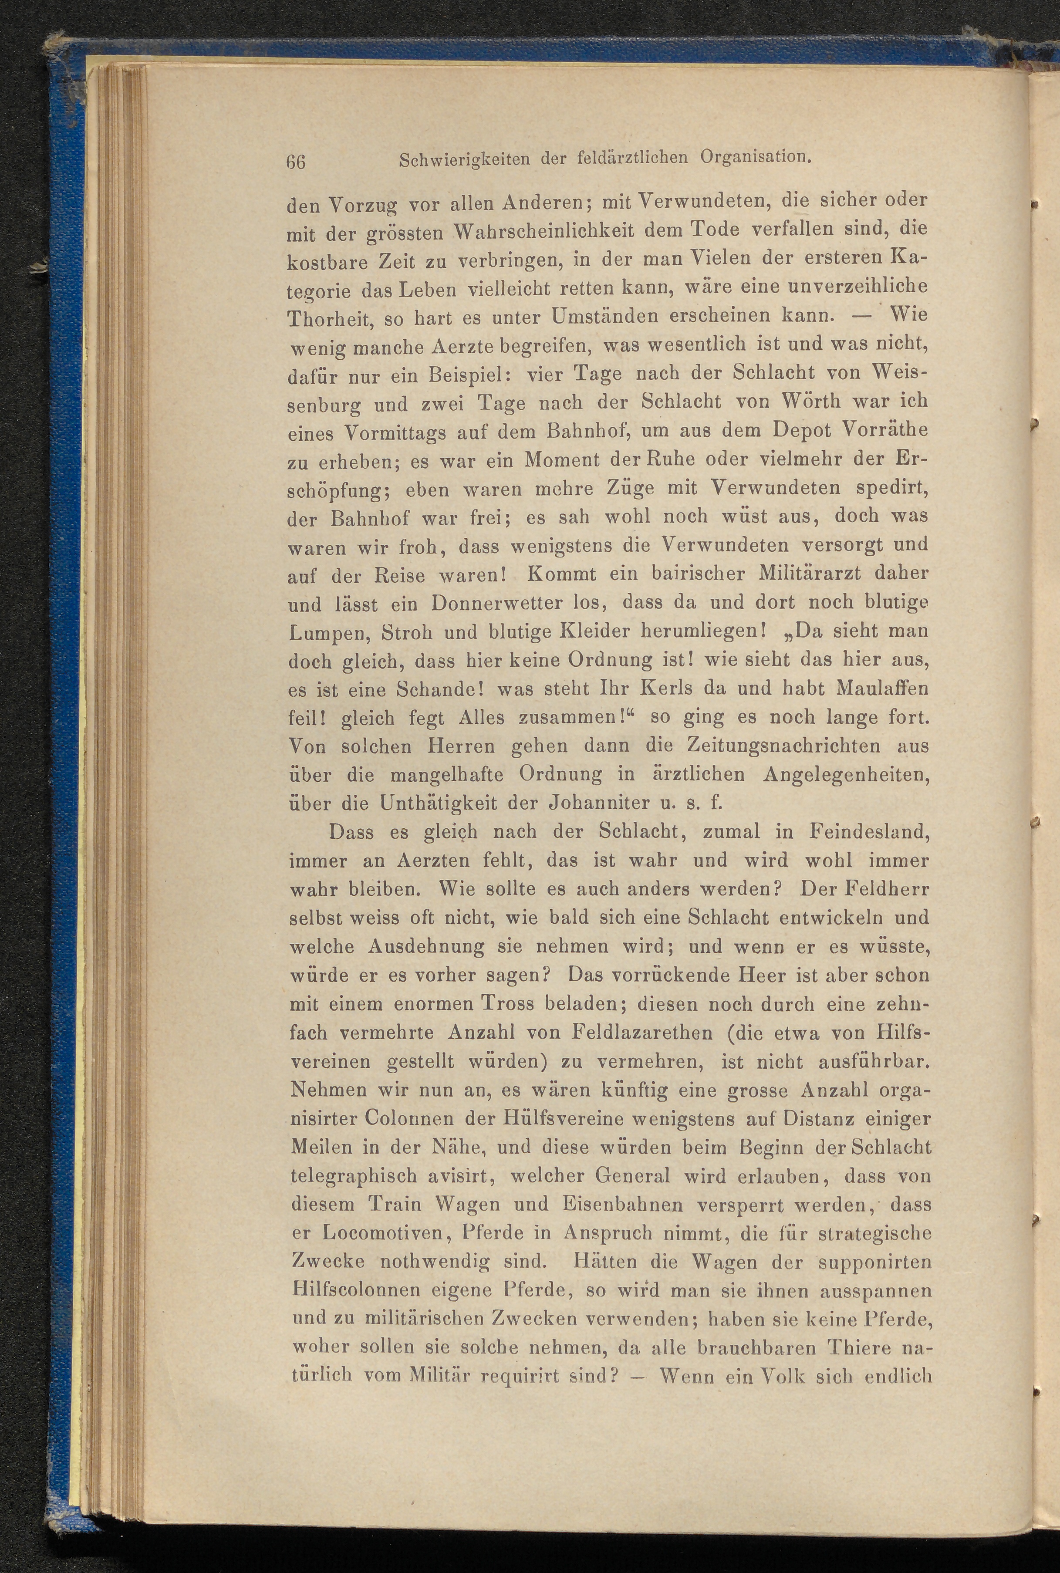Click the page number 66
(x=296, y=162)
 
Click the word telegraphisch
(x=353, y=1177)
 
